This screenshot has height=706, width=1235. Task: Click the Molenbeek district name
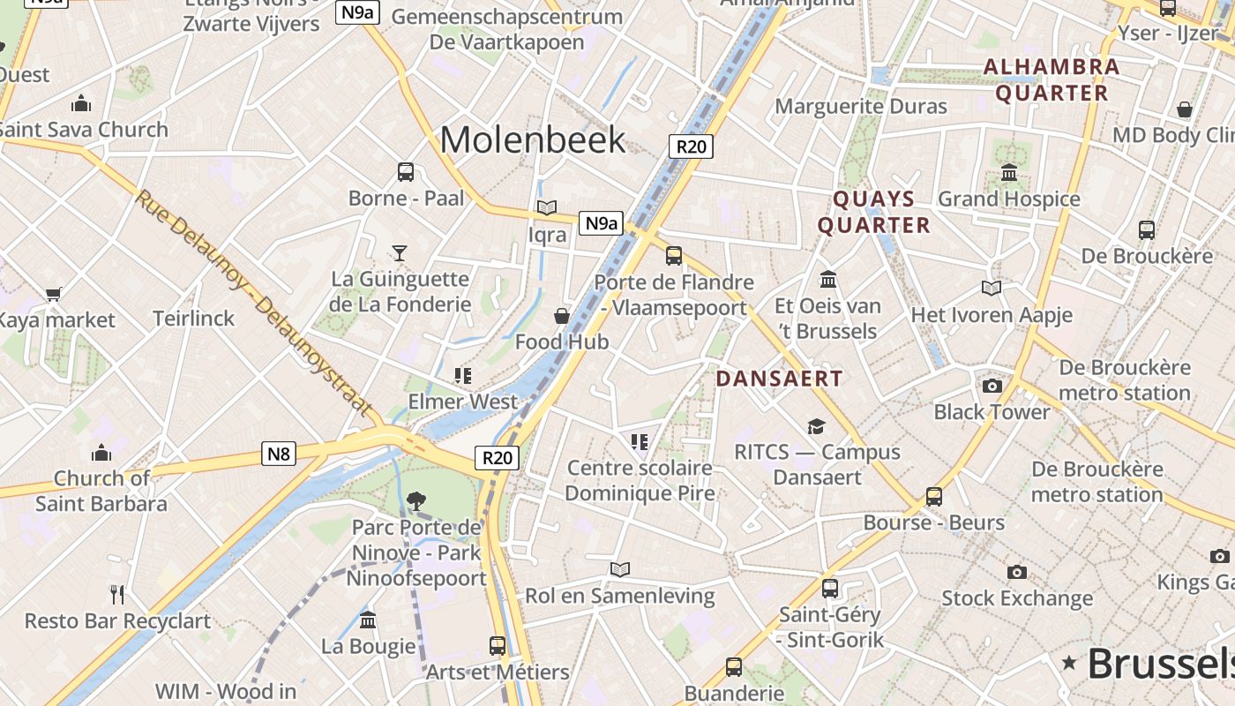coord(533,139)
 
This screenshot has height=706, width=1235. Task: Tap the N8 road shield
coord(278,454)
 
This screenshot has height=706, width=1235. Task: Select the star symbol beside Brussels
coord(1070,662)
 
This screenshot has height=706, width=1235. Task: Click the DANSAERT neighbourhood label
coord(779,379)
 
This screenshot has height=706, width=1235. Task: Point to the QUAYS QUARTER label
coord(873,212)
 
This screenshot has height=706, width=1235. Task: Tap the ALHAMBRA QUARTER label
coord(1052,79)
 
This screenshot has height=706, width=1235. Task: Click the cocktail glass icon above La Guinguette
coord(400,253)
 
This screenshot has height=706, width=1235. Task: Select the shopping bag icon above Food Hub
coord(561,316)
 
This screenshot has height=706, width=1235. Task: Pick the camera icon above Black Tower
coord(992,386)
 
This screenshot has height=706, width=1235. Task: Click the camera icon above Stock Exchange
coord(1017,572)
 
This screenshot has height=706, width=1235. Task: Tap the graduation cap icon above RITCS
coord(816,427)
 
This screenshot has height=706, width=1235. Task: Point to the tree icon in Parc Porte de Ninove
coord(415,501)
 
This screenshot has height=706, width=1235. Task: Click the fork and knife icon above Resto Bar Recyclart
coord(117,594)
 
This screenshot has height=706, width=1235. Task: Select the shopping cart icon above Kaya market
coord(54,294)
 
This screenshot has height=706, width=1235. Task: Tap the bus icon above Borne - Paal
coord(406,172)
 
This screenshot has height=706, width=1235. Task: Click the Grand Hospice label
coord(1008,199)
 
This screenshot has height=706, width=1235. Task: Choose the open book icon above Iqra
coord(547,208)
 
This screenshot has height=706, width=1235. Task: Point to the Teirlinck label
coord(194,319)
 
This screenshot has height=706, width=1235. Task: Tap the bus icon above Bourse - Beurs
coord(934,496)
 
